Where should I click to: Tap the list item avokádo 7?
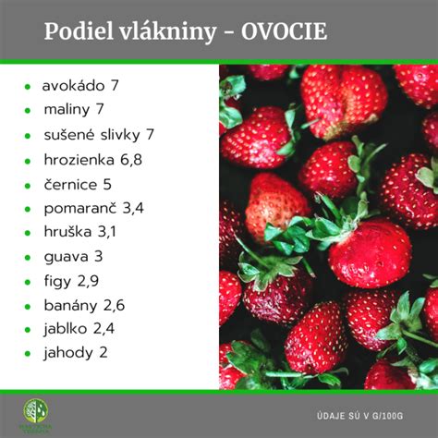80,86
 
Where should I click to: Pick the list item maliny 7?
73,110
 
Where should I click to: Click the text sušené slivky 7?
98,135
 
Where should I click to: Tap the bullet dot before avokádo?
29,87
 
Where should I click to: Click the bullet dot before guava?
29,257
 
